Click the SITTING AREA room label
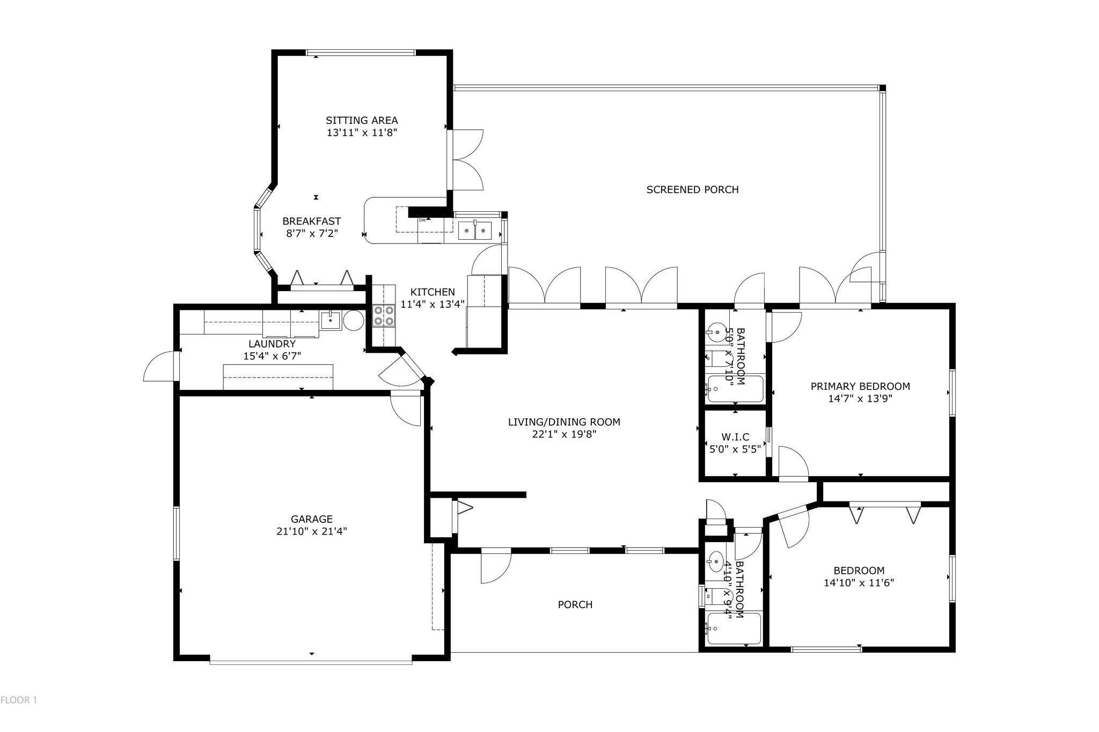point(362,120)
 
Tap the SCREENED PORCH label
point(692,189)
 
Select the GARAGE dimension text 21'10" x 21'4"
point(312,531)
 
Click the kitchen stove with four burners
point(384,315)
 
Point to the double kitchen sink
point(475,230)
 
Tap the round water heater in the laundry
point(353,321)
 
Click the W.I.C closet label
point(735,438)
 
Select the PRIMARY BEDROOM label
point(860,386)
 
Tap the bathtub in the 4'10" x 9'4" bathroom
point(734,629)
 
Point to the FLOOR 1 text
point(19,700)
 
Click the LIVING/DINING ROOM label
point(564,422)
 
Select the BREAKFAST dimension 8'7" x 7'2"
point(312,233)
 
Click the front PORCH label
point(575,604)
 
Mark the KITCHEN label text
point(433,292)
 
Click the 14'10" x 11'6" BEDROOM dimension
point(859,582)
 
